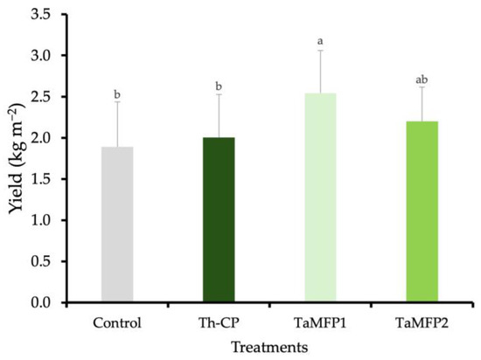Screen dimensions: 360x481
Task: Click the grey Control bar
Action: (117, 225)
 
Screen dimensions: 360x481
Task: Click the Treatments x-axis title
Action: (268, 347)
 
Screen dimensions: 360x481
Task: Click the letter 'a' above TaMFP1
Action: (320, 40)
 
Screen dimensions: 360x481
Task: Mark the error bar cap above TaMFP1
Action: (320, 51)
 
